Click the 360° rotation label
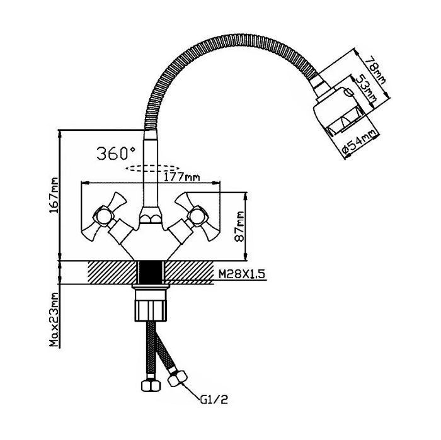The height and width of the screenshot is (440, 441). (x=117, y=152)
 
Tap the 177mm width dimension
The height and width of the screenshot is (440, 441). (x=178, y=176)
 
